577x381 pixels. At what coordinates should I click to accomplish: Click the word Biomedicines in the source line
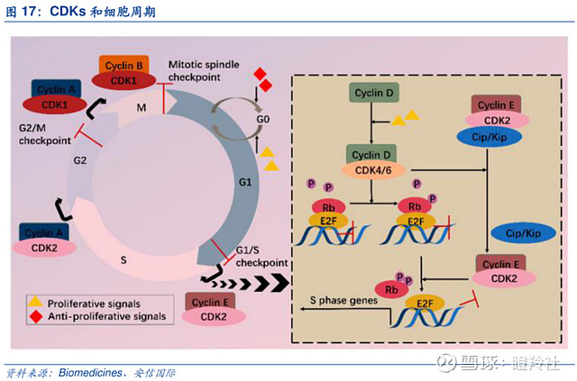(90, 370)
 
